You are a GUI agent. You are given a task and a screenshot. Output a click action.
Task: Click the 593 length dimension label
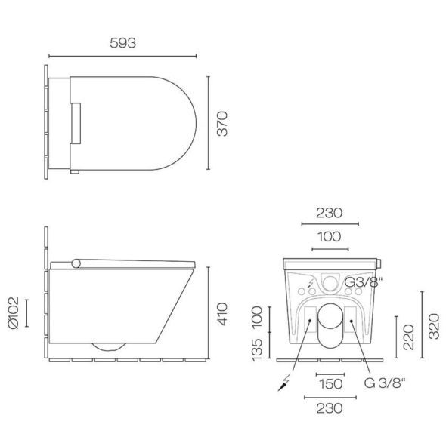coord(122,43)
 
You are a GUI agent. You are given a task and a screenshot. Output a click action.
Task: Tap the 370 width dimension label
coord(222,124)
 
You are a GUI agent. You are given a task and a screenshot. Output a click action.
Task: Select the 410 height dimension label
coord(222,314)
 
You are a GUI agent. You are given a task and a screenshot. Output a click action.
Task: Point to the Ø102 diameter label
coord(14,313)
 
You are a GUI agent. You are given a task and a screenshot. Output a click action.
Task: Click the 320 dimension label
coord(434,326)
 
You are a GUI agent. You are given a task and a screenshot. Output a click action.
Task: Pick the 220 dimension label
coord(408,337)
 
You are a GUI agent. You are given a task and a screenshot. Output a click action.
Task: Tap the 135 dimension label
coord(257,350)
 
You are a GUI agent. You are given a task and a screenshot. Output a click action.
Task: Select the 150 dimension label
coord(330,384)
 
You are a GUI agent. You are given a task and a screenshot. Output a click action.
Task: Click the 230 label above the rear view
coord(329,213)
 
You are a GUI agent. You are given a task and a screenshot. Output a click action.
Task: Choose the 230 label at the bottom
coord(330,408)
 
